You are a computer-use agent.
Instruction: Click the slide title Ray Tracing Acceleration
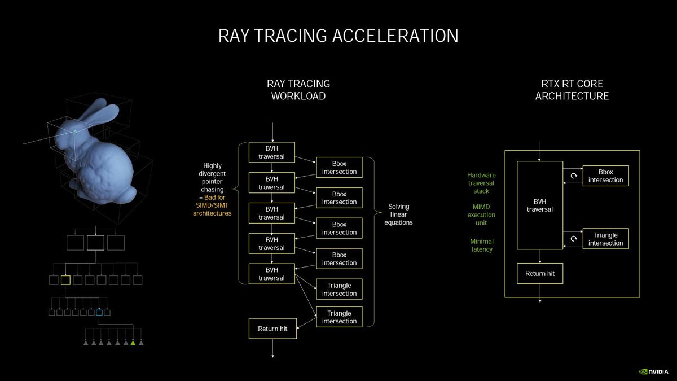(x=338, y=36)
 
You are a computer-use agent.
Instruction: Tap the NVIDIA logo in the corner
(x=654, y=371)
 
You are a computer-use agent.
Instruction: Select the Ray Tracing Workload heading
(x=298, y=90)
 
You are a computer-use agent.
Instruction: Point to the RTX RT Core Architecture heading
(x=572, y=90)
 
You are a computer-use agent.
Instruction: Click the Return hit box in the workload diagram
(x=272, y=329)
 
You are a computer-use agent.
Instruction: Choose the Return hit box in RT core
(x=540, y=274)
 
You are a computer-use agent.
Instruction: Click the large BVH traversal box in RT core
(x=540, y=205)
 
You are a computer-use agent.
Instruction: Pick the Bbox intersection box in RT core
(x=605, y=176)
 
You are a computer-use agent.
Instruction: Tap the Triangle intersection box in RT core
(x=605, y=239)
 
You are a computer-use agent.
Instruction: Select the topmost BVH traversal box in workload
(x=272, y=152)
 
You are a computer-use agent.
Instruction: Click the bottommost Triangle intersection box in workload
(x=339, y=317)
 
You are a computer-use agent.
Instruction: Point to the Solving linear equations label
(x=399, y=214)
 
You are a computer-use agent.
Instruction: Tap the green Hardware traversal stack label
(x=481, y=183)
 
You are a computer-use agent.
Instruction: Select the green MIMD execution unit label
(x=481, y=214)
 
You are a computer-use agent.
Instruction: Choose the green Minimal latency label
(x=481, y=246)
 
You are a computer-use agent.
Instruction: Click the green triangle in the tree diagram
(x=133, y=342)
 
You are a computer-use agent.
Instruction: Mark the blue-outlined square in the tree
(x=99, y=312)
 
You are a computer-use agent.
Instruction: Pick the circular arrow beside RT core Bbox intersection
(x=574, y=176)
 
